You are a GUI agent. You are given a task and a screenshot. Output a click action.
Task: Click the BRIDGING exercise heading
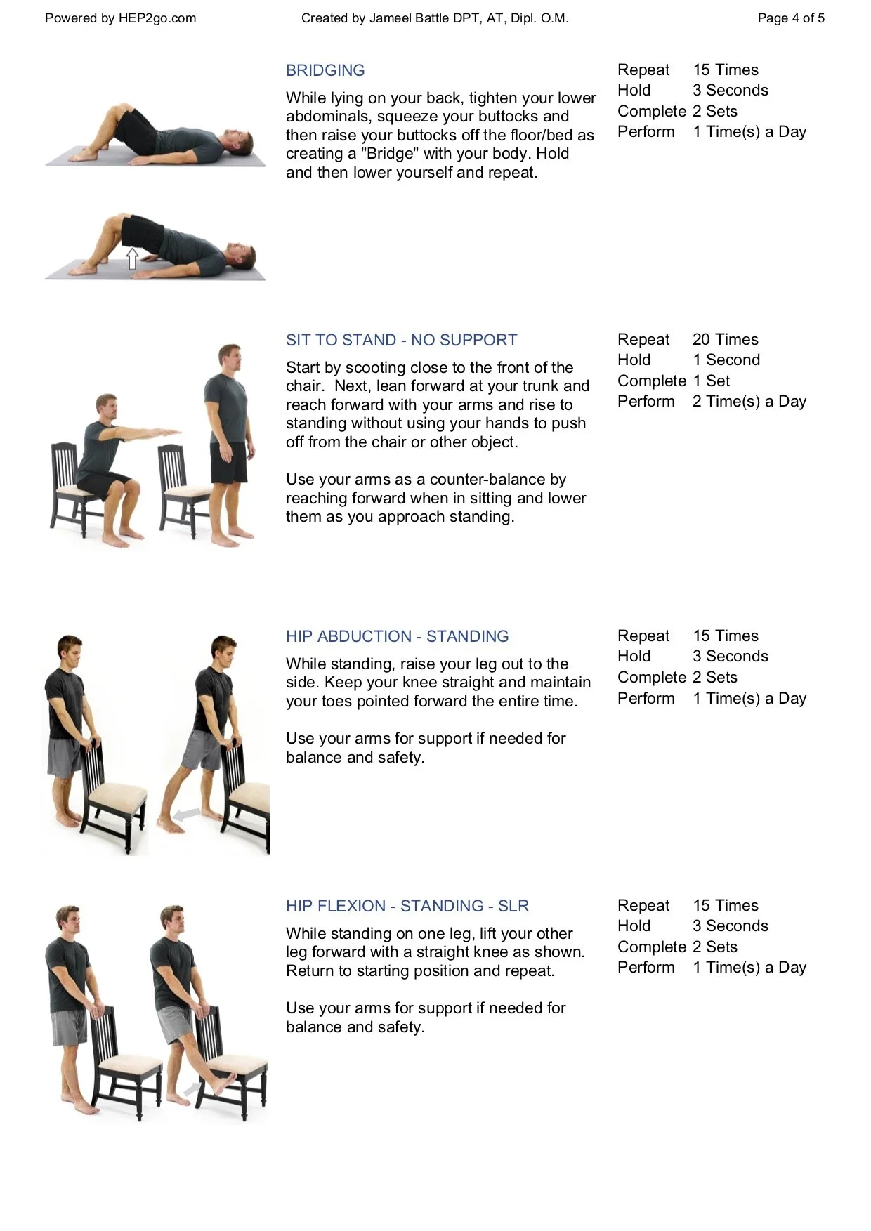point(325,70)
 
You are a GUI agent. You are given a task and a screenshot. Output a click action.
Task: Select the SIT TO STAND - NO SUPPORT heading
point(401,340)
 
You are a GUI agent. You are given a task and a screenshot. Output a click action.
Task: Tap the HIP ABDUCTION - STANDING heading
point(397,636)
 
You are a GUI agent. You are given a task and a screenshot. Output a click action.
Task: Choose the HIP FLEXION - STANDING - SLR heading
point(407,906)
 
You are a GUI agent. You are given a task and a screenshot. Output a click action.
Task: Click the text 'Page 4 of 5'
point(791,18)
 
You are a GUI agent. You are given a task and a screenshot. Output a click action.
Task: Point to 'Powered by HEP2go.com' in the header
point(121,18)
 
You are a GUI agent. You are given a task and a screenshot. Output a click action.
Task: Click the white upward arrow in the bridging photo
point(131,258)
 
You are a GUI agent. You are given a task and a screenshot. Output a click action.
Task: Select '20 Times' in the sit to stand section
point(726,339)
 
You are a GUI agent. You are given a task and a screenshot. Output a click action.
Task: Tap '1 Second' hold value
point(726,360)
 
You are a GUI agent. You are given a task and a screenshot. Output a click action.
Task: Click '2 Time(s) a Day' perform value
point(749,401)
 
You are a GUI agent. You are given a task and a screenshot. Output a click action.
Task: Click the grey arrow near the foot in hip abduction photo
point(187,815)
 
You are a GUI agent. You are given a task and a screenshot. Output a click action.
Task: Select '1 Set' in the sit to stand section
point(711,381)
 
